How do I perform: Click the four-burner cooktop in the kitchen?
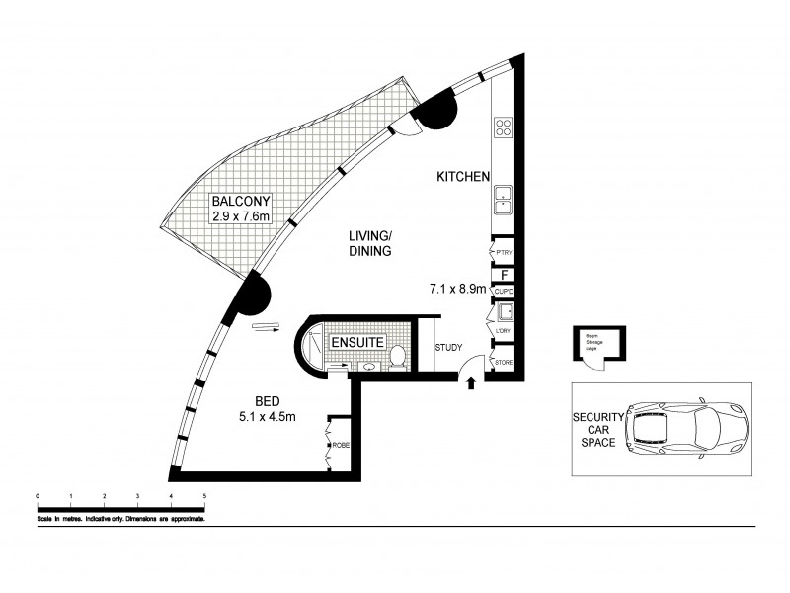[503, 127]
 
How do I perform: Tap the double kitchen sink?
[503, 199]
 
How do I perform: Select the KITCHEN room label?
[463, 177]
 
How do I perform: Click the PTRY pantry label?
[503, 254]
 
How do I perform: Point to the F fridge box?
[504, 275]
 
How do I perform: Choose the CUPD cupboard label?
[503, 292]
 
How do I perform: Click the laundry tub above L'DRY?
[504, 312]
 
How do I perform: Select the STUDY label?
[449, 347]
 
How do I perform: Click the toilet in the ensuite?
[398, 355]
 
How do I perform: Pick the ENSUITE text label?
[357, 342]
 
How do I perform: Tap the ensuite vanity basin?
[366, 367]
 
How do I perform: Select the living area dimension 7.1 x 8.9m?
[456, 290]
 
